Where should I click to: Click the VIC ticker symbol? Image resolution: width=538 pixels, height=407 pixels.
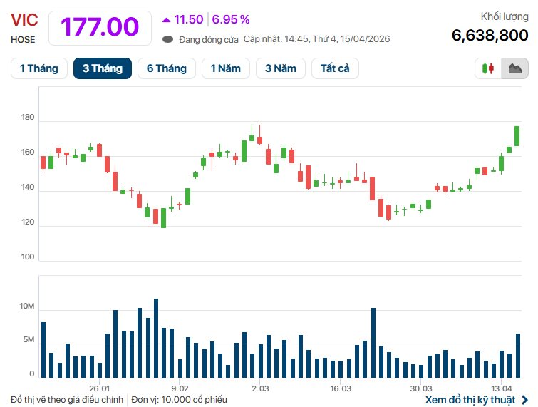pos(24,20)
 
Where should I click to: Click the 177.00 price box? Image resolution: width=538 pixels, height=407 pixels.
pos(100,27)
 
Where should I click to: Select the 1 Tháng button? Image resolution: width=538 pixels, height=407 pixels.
pos(39,68)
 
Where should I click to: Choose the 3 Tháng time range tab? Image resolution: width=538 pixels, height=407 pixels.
pos(102,68)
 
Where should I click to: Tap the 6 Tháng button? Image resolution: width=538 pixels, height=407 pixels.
pos(166,68)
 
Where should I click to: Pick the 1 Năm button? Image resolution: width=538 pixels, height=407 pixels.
pos(224,68)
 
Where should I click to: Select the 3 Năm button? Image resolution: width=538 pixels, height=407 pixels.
pos(281,68)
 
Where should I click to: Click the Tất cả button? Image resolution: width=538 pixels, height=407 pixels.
pos(335,68)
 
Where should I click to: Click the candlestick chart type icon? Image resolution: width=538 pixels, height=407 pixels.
pos(489,68)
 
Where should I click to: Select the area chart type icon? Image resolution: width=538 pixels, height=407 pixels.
pos(515,68)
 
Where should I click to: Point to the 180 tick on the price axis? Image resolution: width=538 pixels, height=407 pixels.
pos(27,118)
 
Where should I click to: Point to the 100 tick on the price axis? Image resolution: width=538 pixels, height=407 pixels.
pos(27,257)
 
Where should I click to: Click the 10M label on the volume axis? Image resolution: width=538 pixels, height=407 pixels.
pos(27,306)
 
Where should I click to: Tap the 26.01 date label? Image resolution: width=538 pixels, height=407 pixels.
pos(100,388)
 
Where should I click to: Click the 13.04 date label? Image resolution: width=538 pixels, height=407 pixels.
pos(502,388)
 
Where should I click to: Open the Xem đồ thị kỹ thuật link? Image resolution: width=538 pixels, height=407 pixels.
pos(476,400)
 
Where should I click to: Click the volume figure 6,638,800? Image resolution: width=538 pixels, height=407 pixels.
pos(490,35)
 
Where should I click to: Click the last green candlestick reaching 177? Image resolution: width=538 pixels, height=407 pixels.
pos(517,135)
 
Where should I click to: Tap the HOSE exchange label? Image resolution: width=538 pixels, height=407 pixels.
pos(23,40)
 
